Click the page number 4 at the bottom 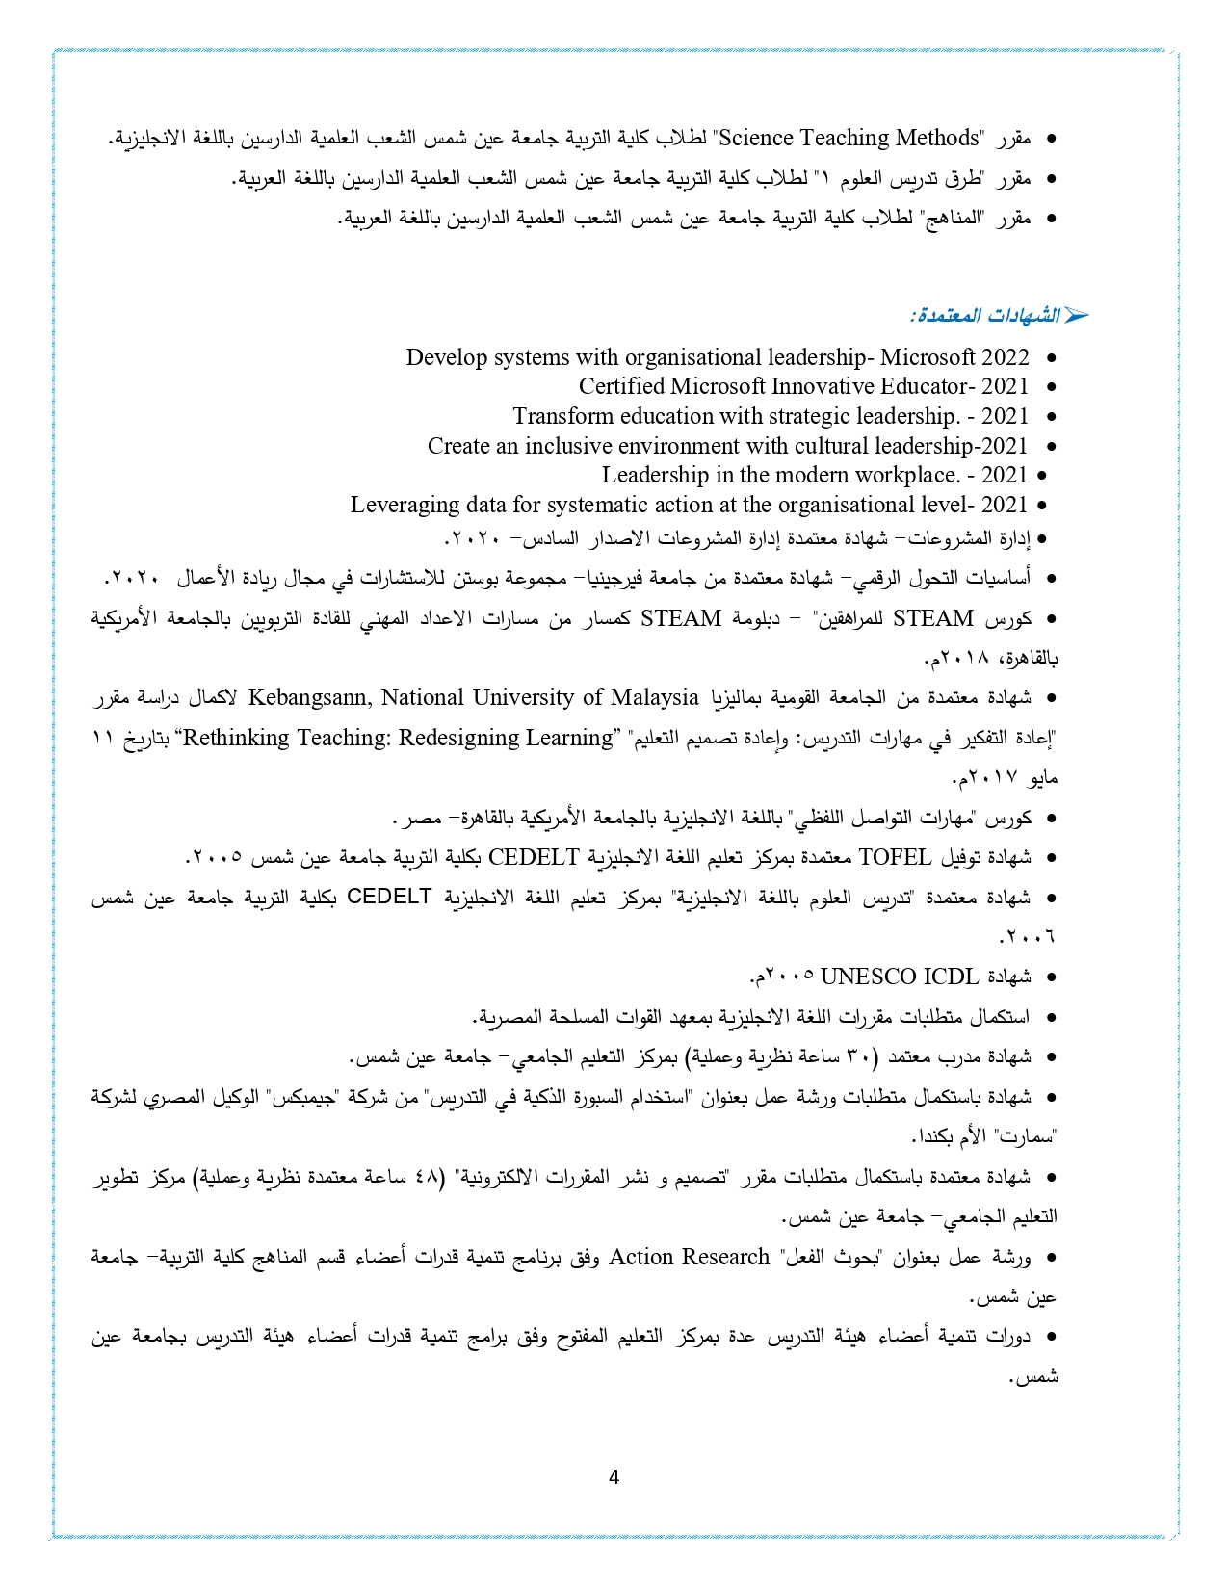(x=614, y=1477)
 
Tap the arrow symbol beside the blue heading (x=1076, y=316)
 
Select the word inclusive (x=571, y=446)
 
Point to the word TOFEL (x=895, y=856)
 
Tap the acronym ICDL (x=951, y=977)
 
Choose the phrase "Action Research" (x=690, y=1257)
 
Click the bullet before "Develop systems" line (x=1051, y=358)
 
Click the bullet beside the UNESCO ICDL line (x=1051, y=977)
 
